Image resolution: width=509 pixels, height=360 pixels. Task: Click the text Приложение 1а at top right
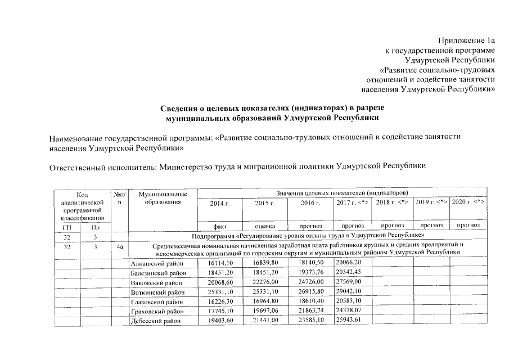(x=466, y=40)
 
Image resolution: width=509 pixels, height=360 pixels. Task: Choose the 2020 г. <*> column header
(x=468, y=202)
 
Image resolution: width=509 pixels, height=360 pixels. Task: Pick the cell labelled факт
(x=220, y=225)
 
